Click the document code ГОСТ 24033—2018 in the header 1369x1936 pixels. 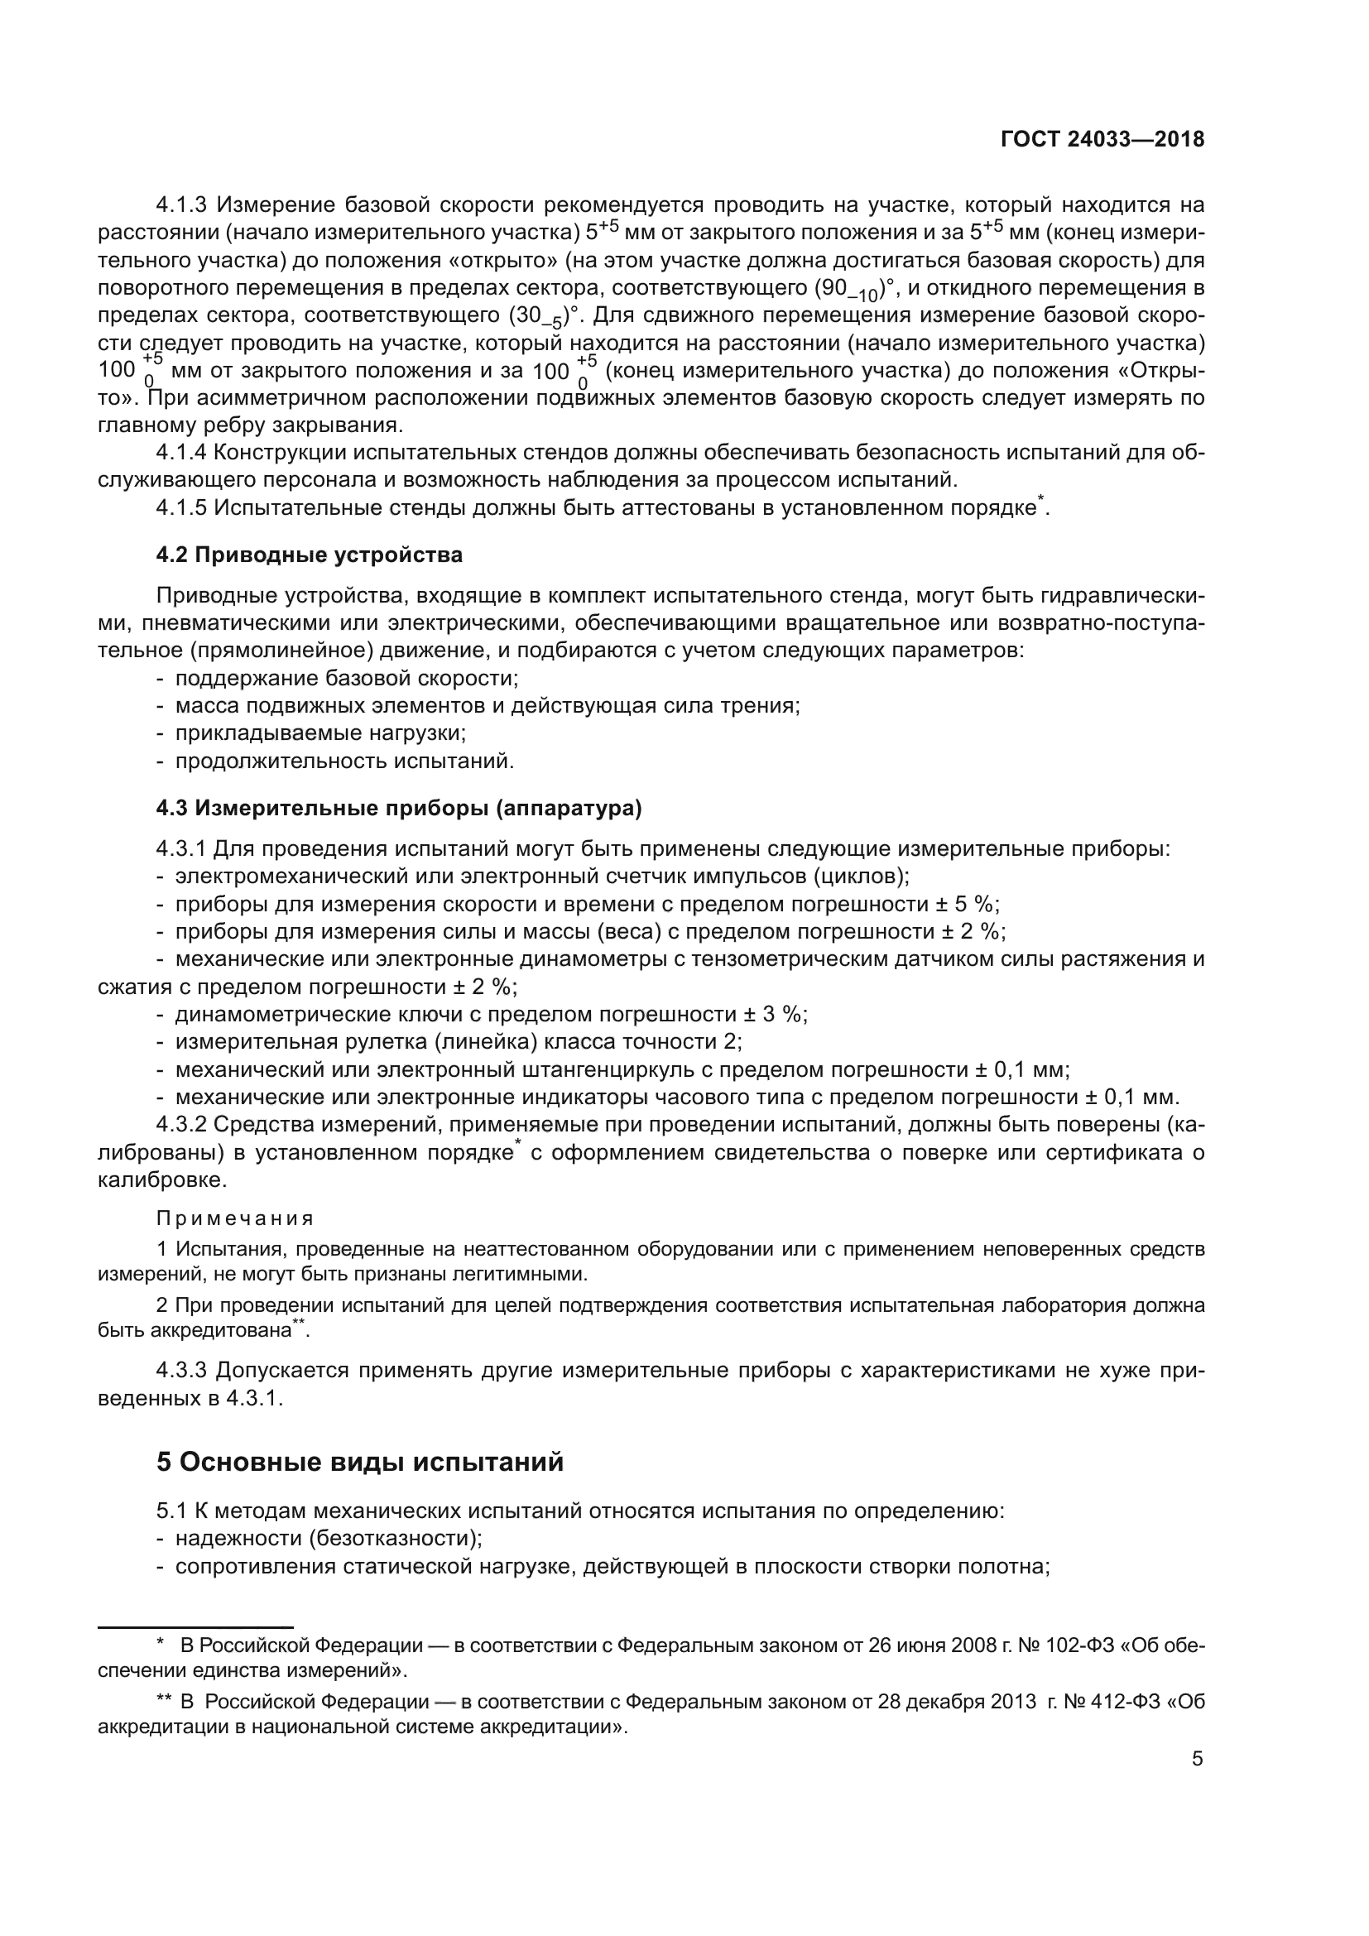coord(1102,140)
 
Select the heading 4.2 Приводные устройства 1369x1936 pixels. coord(310,555)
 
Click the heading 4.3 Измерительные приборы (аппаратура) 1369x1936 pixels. coord(399,808)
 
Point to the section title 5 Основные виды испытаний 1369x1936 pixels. coord(360,1462)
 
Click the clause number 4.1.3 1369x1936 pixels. coord(180,205)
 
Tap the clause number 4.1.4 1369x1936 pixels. coord(180,453)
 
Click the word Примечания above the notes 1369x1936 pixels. coord(235,1218)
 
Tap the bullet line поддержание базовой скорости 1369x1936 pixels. coord(347,679)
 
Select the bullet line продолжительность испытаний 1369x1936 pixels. coord(344,761)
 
